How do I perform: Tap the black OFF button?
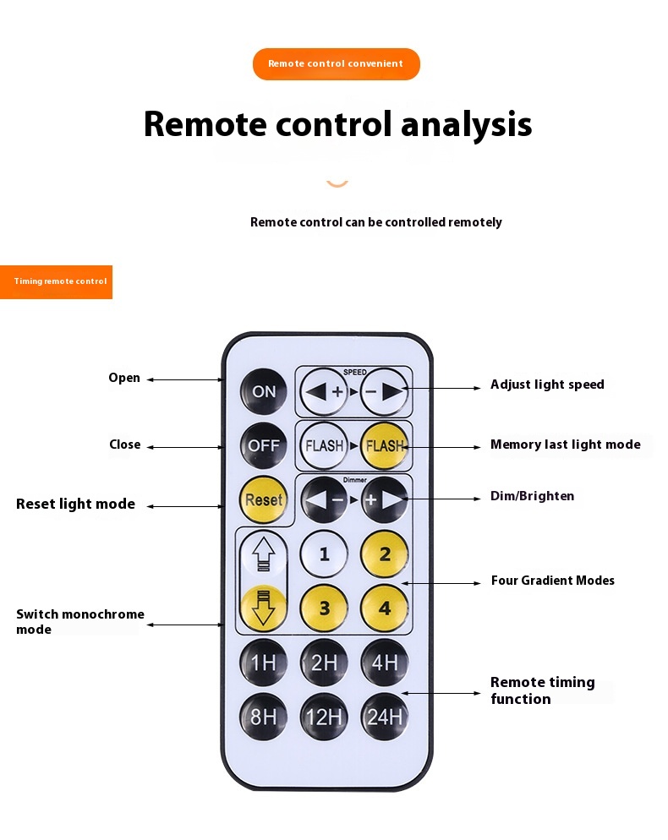264,445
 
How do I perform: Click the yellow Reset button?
264,499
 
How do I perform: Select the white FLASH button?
325,445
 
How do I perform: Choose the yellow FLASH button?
385,445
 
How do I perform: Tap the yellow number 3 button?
325,608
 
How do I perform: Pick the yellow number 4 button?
385,608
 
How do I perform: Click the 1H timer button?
264,663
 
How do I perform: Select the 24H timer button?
385,717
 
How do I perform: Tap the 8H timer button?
264,717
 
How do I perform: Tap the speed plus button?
326,391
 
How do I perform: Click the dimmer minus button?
326,499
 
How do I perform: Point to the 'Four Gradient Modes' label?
552,581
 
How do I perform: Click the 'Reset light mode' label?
75,504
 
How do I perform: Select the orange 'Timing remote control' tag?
57,281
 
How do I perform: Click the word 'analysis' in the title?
466,124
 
